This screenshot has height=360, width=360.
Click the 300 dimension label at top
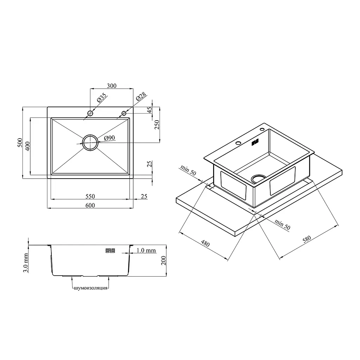(111, 86)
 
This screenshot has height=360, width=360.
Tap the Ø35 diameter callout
(102, 98)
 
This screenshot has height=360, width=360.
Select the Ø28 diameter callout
(141, 97)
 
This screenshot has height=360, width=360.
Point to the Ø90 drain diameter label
(109, 138)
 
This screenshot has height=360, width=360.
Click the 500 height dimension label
(20, 143)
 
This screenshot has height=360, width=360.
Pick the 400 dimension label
(27, 146)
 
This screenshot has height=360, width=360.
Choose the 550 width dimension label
(90, 196)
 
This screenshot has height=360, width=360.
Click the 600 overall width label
(90, 205)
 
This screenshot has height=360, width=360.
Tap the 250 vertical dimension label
(157, 125)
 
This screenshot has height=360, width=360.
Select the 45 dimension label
(149, 110)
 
